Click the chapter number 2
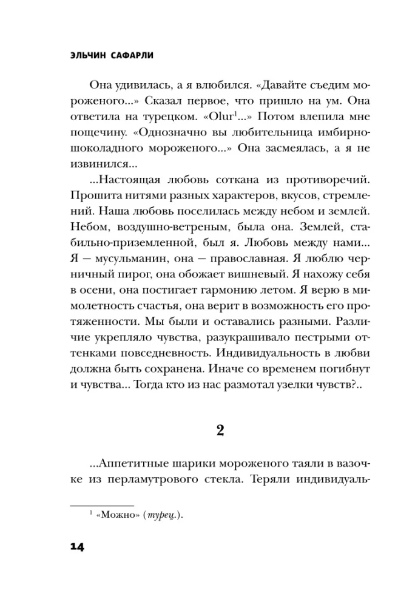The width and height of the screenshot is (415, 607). (220, 431)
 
